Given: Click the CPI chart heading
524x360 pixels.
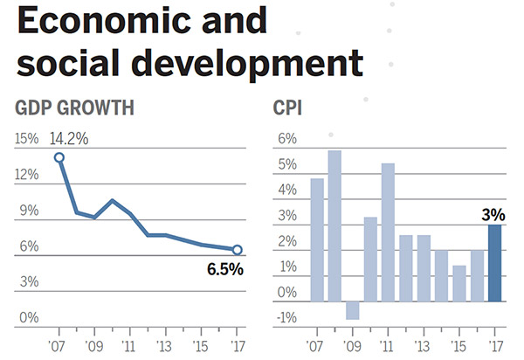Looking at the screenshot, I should coord(289,109).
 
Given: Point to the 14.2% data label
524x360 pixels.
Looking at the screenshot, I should coord(71,138).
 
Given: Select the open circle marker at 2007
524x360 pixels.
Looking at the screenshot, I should coord(59,157).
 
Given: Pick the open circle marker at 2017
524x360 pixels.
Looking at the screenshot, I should coord(237,250).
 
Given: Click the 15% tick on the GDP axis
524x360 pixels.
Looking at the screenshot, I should coord(26,139).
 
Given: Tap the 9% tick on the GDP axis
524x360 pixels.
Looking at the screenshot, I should coord(29,211).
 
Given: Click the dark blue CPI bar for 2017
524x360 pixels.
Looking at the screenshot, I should coord(494,263).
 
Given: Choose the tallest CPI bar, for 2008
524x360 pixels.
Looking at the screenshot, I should coord(334,225).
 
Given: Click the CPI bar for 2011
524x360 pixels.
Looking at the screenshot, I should coord(388,232).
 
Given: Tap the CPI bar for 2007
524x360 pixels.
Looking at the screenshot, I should coord(317,239).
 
